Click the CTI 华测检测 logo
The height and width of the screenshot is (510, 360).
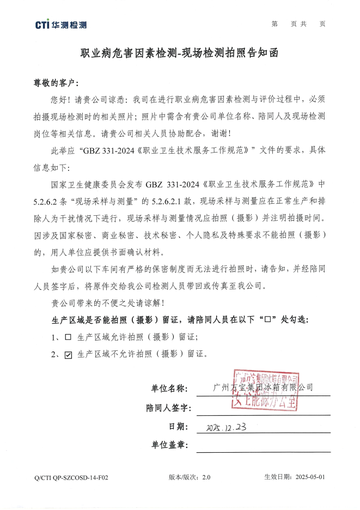tap(60, 25)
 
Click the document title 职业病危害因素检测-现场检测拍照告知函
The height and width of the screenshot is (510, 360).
tap(180, 53)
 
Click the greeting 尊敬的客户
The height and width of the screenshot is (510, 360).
tap(56, 83)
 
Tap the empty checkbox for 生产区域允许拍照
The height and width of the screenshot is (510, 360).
tap(68, 337)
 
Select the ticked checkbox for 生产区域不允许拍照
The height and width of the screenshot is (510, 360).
tap(68, 355)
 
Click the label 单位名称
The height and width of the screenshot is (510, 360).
tap(169, 388)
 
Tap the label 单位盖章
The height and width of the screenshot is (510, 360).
tap(169, 446)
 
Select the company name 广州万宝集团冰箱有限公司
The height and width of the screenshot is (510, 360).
tap(264, 387)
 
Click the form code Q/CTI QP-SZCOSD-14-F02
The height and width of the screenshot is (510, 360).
tap(71, 477)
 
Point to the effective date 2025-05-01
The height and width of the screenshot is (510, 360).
tap(310, 477)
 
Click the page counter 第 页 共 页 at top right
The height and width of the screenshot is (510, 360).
tap(298, 24)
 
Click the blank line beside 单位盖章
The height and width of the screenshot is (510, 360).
tap(263, 448)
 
